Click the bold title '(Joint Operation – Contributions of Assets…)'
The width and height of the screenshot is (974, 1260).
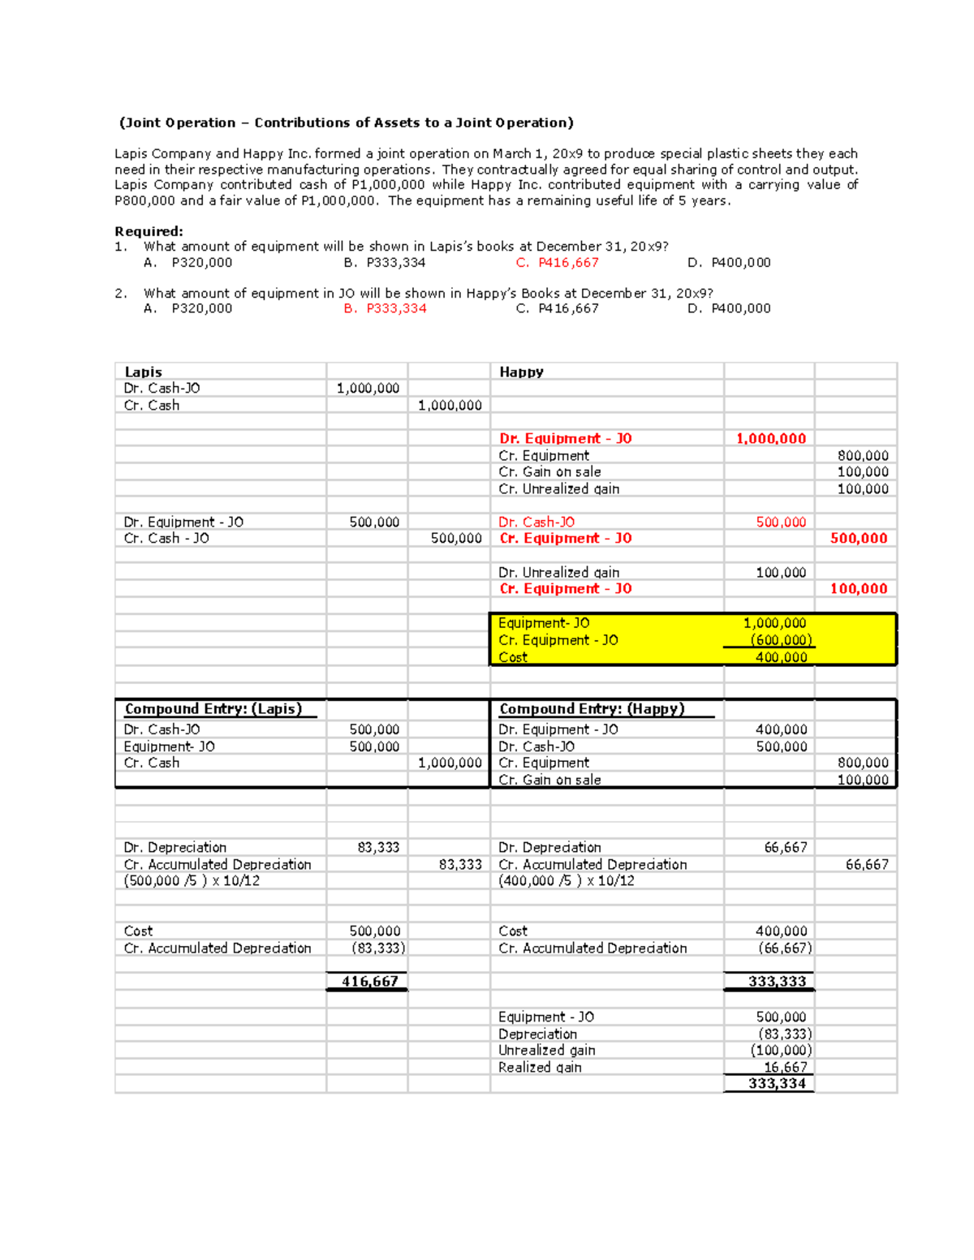(346, 123)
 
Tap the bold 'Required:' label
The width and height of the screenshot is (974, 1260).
(149, 231)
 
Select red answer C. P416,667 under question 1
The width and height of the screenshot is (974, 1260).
(557, 263)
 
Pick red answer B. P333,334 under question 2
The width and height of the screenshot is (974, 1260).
(385, 308)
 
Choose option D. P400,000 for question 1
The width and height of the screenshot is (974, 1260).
(728, 263)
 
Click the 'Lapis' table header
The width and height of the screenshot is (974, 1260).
(143, 372)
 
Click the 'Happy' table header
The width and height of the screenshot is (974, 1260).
(521, 372)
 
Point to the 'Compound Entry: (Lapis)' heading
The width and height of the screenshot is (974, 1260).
(213, 709)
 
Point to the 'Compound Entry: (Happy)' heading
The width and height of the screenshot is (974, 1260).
(592, 709)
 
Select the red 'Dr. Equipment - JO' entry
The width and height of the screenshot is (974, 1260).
(565, 439)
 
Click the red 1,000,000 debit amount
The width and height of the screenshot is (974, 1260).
(770, 439)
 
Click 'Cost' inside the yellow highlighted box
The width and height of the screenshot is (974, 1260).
(513, 657)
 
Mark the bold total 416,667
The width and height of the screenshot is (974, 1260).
(369, 982)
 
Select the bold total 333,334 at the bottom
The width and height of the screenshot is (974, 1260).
(777, 1084)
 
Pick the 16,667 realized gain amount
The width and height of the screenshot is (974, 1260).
(785, 1068)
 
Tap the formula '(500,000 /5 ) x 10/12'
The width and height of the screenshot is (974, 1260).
(192, 881)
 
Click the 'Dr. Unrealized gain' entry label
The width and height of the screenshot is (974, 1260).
(558, 573)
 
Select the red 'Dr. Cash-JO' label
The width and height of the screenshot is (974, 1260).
(537, 522)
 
